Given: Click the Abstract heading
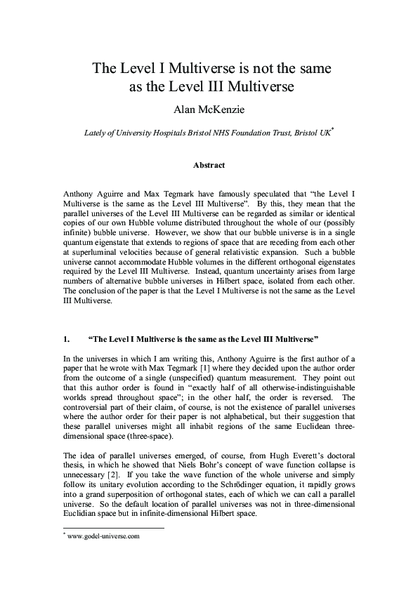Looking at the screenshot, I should [x=209, y=166].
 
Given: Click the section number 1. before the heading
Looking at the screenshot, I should [x=66, y=338].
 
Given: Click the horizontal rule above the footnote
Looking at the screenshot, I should [x=112, y=528].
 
